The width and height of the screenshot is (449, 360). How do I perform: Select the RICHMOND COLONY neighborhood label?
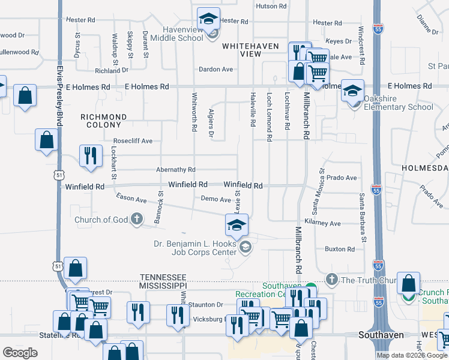coord(104,121)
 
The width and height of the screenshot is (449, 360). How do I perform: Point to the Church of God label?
coord(101,220)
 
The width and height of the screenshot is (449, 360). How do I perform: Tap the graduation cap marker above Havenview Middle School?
coord(208,19)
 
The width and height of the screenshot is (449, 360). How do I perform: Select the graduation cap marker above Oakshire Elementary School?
coord(352,91)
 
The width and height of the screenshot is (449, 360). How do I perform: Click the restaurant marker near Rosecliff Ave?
coord(88,155)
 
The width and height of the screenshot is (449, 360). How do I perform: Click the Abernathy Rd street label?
coord(176,170)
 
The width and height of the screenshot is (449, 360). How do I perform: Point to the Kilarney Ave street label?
coord(322,223)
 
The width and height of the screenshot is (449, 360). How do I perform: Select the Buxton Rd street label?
coord(340,249)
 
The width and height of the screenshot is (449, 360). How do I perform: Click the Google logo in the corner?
coord(20,353)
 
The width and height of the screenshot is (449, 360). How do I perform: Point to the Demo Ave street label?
coord(216,199)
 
